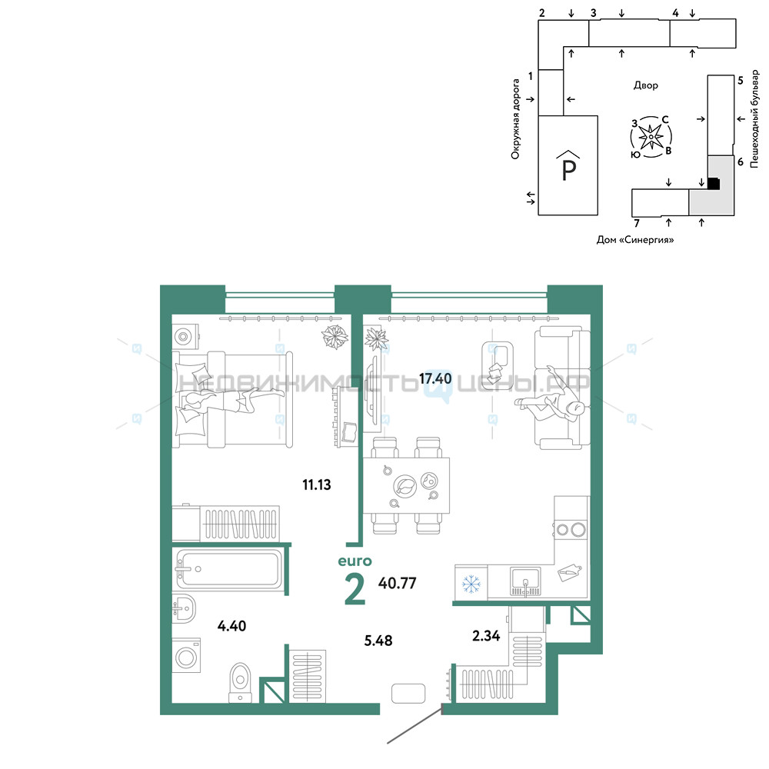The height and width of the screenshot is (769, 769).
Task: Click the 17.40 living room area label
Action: point(435,378)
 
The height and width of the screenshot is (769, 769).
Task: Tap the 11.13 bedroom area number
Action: point(316,485)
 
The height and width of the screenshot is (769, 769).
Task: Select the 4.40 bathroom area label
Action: point(231,626)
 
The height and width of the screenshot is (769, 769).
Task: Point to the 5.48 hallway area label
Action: point(378,641)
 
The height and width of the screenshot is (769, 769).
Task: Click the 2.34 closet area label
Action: point(486,636)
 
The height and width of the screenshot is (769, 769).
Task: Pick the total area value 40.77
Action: point(398,583)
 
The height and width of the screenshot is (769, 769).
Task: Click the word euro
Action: point(355,561)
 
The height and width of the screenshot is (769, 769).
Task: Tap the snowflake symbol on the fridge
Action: point(471,584)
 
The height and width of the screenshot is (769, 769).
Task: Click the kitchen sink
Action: point(525,581)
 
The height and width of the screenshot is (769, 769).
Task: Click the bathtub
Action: point(228,569)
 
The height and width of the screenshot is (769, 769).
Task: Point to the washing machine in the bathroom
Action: point(186,655)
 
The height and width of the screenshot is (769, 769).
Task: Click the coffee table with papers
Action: point(498,365)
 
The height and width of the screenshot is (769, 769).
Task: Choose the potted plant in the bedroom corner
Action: point(335,337)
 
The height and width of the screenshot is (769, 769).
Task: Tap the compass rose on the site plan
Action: point(651,137)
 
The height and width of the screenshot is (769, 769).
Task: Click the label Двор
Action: point(646,85)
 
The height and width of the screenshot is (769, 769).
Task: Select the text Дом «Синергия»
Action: point(635,240)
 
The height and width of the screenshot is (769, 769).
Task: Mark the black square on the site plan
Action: point(714,184)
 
